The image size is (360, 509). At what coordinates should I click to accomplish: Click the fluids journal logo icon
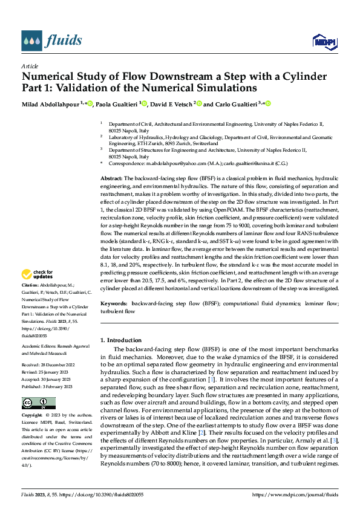click(x=33, y=41)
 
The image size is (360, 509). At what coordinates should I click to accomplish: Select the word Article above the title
click(x=30, y=65)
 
